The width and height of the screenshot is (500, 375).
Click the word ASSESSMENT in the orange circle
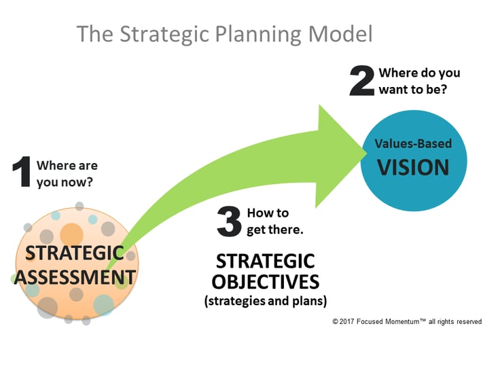(75, 277)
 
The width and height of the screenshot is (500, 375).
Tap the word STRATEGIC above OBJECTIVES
(265, 261)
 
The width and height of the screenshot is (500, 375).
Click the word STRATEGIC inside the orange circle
(75, 254)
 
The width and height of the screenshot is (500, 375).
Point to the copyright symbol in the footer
(335, 321)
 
